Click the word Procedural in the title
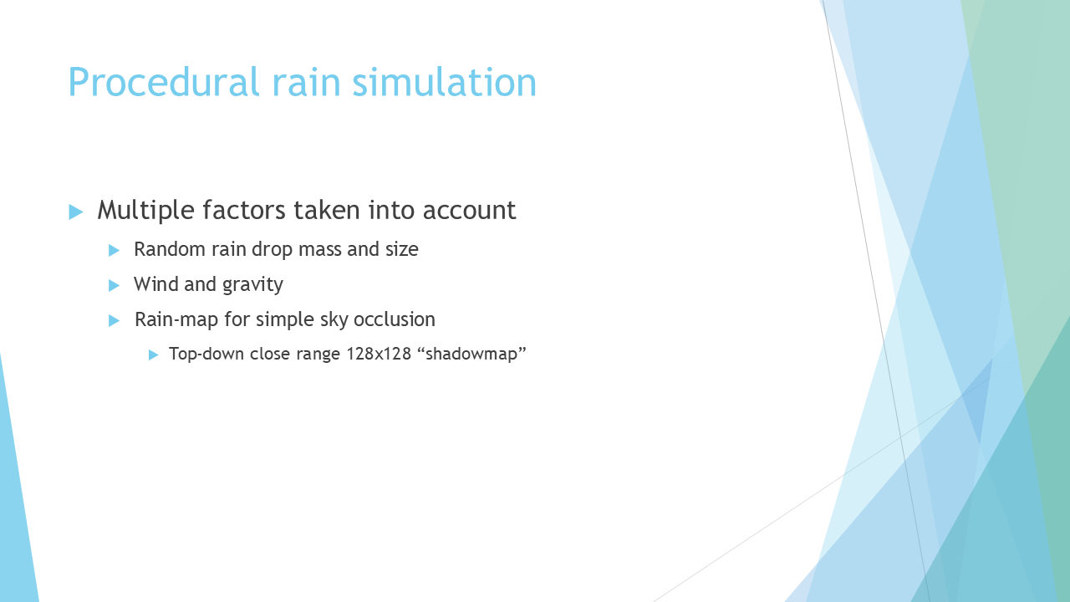(163, 82)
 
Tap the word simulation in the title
(444, 82)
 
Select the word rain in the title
(306, 82)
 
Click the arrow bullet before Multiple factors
(76, 212)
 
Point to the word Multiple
(145, 210)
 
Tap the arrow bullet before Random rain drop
(114, 250)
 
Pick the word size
(402, 249)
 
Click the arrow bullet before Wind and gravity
(114, 286)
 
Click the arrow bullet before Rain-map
(114, 320)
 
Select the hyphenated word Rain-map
(176, 319)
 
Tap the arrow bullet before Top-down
(153, 355)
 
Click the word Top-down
(206, 354)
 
